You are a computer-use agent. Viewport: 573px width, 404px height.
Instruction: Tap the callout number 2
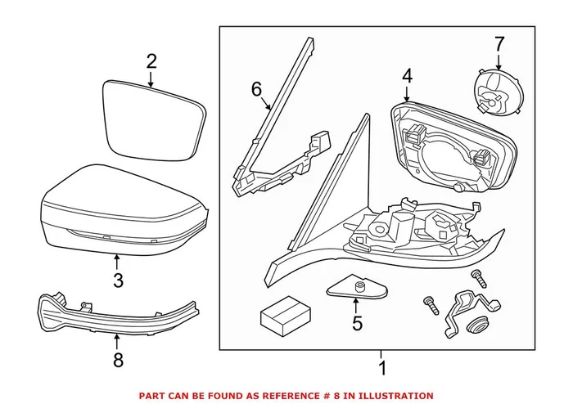pos(151,61)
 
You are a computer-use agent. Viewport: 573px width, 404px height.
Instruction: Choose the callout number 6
pos(255,88)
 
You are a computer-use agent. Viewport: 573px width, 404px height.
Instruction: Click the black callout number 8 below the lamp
pos(117,360)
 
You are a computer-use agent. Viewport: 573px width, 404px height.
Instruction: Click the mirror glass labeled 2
pos(153,121)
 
